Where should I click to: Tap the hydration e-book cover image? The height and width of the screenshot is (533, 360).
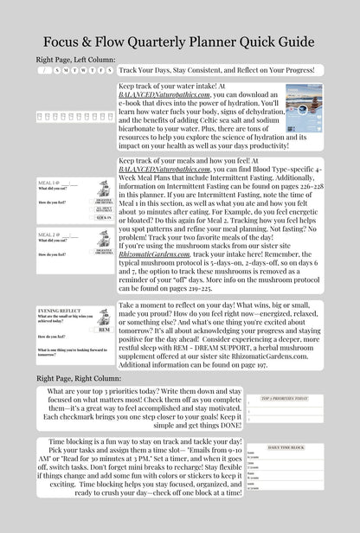[x=304, y=112]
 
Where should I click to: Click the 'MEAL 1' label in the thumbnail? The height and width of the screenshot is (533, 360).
[x=48, y=183]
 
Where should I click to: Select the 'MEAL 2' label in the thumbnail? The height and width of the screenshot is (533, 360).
[x=48, y=234]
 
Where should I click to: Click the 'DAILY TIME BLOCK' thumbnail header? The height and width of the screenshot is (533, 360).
[x=286, y=446]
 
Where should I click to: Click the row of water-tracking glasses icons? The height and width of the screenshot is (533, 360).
[x=74, y=115]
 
